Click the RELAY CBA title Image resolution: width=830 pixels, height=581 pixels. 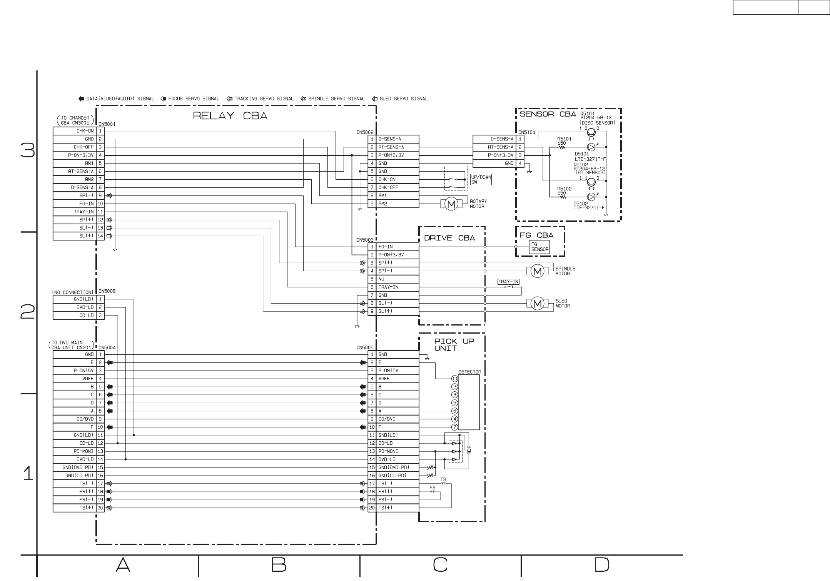tap(230, 116)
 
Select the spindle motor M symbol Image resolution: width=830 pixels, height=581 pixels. tap(538, 272)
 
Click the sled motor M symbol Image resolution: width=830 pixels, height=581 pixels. tap(538, 304)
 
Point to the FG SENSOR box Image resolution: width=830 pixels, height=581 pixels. tap(539, 247)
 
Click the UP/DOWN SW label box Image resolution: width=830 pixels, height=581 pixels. tap(481, 180)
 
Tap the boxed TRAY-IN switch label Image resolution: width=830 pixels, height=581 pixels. tap(508, 282)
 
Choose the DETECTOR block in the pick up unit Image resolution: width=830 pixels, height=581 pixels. tap(469, 402)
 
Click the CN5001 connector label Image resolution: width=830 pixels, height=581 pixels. tap(107, 124)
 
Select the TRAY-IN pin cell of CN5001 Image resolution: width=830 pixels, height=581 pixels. tap(75, 212)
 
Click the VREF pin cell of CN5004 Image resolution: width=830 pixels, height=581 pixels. tap(75, 379)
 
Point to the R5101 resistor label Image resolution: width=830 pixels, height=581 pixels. tap(564, 139)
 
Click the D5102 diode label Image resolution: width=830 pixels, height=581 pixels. tap(581, 204)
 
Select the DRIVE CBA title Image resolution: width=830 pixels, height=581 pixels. tap(449, 238)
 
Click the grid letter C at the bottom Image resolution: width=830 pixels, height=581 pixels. tap(440, 565)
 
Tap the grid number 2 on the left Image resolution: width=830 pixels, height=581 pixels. tap(28, 312)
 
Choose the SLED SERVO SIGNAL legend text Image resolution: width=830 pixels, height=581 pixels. tap(403, 99)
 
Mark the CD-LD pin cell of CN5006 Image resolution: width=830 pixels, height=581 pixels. tap(75, 316)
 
